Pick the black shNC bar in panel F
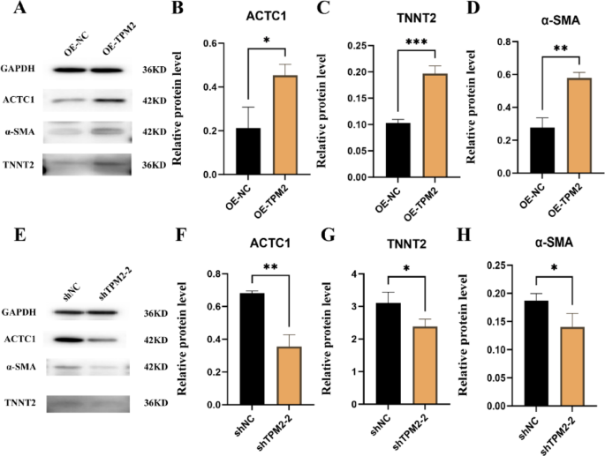coord(252,349)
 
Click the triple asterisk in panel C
coord(417,42)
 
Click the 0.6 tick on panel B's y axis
coord(209,43)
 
